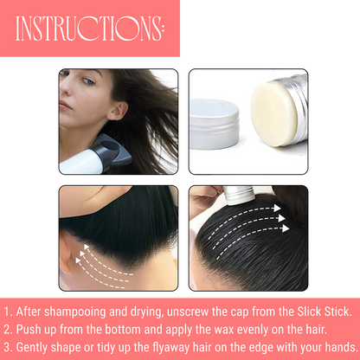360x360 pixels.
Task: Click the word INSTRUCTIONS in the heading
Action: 88,29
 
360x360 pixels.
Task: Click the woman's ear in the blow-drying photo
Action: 118,110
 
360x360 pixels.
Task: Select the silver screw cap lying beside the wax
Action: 214,124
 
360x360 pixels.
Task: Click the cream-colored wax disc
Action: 273,113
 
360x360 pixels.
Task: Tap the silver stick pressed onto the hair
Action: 239,195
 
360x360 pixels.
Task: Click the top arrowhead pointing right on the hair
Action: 277,208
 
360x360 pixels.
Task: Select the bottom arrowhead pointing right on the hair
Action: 286,228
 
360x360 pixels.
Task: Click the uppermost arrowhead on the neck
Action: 87,247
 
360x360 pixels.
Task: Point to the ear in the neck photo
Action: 66,254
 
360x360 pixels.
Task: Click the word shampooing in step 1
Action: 75,312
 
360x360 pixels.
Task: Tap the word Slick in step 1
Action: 309,312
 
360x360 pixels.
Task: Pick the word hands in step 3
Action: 342,347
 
